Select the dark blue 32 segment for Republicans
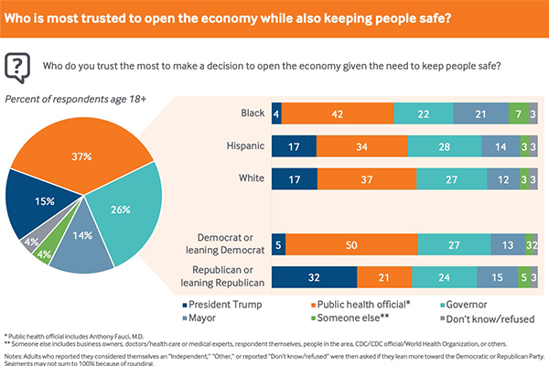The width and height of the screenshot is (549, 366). tap(313, 275)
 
